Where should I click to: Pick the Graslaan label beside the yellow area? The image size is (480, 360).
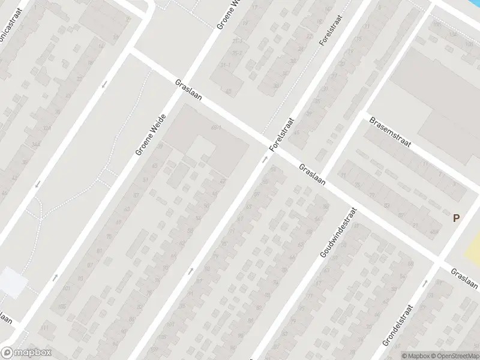465,280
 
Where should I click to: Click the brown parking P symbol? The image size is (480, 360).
457,219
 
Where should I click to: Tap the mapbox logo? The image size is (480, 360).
25,353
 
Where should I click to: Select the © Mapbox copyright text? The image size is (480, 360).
416,356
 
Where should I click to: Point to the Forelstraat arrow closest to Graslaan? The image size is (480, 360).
265,160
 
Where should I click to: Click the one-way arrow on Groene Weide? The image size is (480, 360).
55,277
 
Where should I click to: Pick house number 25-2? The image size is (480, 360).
239,41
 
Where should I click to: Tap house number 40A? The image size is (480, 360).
433,232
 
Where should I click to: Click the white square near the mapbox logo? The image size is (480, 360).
12,282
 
